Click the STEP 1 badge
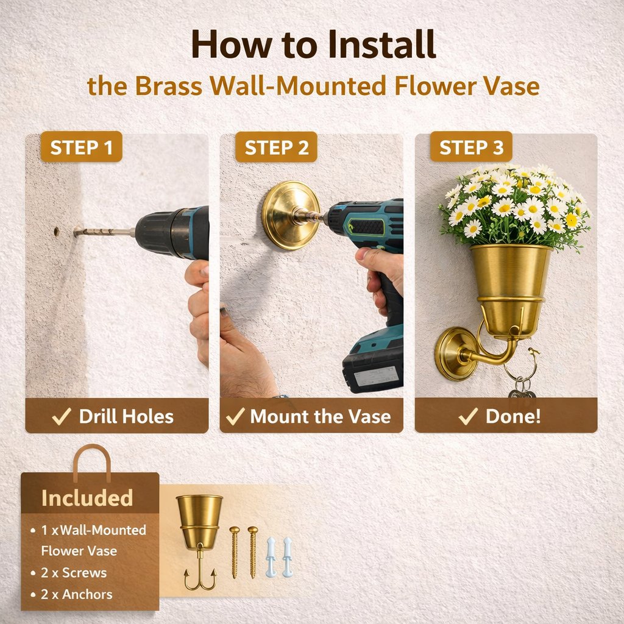click(x=81, y=147)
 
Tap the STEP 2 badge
click(x=276, y=147)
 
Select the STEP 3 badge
click(x=471, y=147)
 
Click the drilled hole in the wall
click(x=56, y=232)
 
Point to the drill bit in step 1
click(x=104, y=231)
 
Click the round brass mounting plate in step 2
click(x=291, y=216)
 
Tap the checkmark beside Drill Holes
click(x=62, y=416)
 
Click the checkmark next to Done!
click(x=468, y=416)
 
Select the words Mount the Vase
click(x=321, y=417)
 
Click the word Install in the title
click(x=382, y=44)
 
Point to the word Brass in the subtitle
click(x=169, y=85)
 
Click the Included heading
click(x=87, y=498)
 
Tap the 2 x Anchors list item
click(x=72, y=594)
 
